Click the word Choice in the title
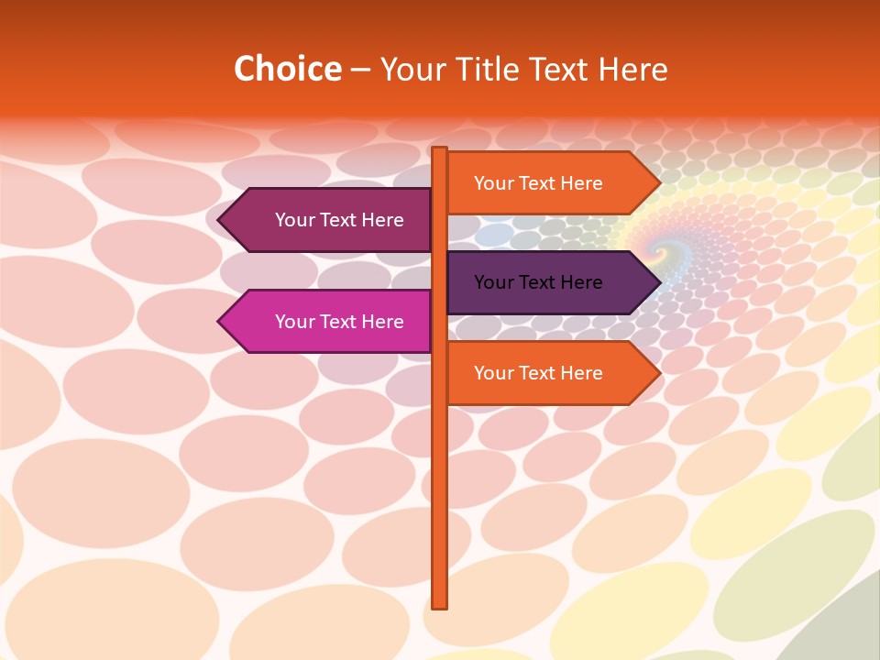pyautogui.click(x=287, y=69)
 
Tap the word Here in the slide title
pyautogui.click(x=632, y=69)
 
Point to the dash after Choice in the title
pyautogui.click(x=360, y=70)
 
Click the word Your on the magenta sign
pyautogui.click(x=295, y=322)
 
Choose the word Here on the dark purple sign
pyautogui.click(x=581, y=282)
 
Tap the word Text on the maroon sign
pyautogui.click(x=339, y=220)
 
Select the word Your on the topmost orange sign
pyautogui.click(x=493, y=183)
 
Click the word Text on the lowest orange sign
pyautogui.click(x=538, y=373)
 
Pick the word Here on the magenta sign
pyautogui.click(x=382, y=322)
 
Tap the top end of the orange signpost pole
pyautogui.click(x=440, y=149)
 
